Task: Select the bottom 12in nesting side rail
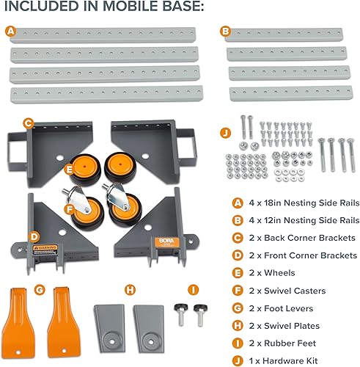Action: click(x=284, y=93)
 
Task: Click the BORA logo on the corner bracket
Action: click(x=162, y=220)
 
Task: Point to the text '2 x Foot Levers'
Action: click(x=282, y=309)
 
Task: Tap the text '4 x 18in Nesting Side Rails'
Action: click(x=297, y=203)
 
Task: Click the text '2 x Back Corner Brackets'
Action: click(x=297, y=239)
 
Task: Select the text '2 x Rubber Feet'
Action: click(x=283, y=344)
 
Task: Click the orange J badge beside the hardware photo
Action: click(x=225, y=133)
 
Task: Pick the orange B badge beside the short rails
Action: click(x=225, y=32)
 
